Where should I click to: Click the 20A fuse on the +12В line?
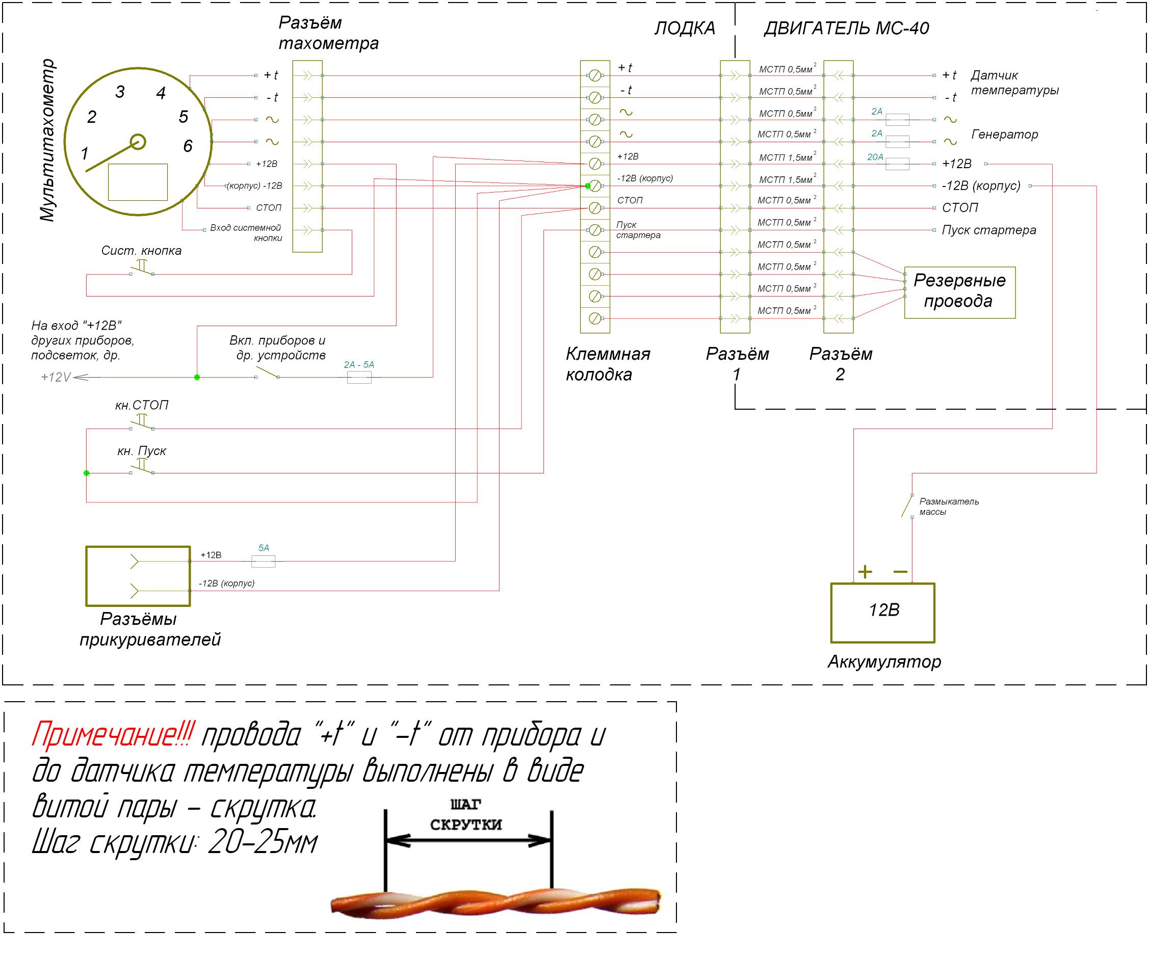coord(897,164)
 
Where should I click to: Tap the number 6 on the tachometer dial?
coord(188,146)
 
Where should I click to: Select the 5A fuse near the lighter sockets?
coord(263,561)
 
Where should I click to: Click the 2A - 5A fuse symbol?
coord(359,377)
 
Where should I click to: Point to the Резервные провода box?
coord(959,292)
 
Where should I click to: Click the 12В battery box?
coord(882,613)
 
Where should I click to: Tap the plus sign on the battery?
coord(865,572)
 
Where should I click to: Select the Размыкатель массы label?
coord(948,507)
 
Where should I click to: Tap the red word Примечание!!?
coord(112,735)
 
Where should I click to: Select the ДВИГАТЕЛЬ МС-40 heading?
coord(846,28)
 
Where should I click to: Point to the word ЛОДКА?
coord(685,28)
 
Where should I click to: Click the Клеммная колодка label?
coord(607,364)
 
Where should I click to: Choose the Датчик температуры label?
coord(1014,83)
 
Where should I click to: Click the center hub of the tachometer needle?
coord(138,142)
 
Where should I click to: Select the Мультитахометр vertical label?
coord(47,140)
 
